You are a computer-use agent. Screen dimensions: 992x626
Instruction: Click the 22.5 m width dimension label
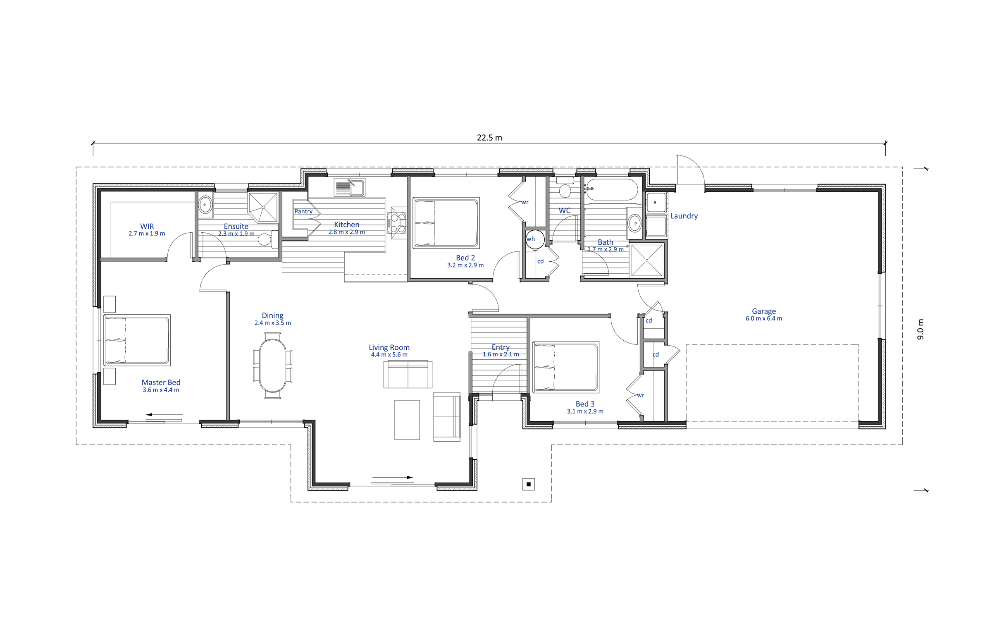point(489,138)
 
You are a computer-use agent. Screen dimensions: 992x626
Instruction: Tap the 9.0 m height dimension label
point(920,329)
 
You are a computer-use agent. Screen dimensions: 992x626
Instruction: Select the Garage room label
point(763,311)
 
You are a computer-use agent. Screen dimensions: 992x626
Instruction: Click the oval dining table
point(272,366)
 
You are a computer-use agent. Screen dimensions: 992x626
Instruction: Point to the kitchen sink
point(349,188)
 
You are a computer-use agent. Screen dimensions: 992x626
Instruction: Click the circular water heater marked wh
point(535,239)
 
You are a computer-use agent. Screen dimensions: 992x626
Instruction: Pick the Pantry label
point(303,211)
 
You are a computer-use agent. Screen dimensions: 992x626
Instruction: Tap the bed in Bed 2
point(446,223)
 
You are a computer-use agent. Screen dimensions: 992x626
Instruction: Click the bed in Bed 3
point(566,367)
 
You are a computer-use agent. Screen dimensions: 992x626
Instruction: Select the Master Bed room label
point(161,382)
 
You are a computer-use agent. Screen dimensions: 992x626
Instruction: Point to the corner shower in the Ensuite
point(263,207)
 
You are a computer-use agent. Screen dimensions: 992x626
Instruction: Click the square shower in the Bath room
point(647,260)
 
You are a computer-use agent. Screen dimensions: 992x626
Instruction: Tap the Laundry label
point(684,216)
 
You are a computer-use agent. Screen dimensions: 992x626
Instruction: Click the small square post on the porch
point(529,484)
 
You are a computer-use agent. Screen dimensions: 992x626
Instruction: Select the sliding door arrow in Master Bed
point(165,414)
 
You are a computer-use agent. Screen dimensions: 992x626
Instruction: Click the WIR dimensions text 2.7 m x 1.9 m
point(147,234)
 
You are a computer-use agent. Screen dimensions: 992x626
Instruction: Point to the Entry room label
point(501,347)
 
